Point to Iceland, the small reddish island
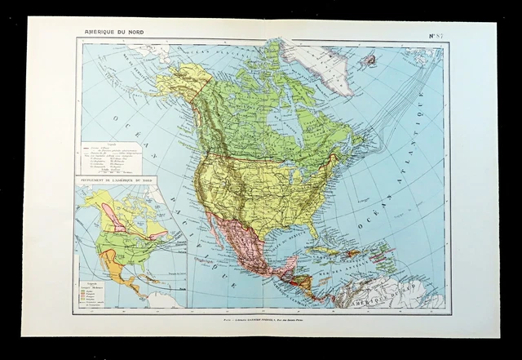[x=368, y=60]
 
